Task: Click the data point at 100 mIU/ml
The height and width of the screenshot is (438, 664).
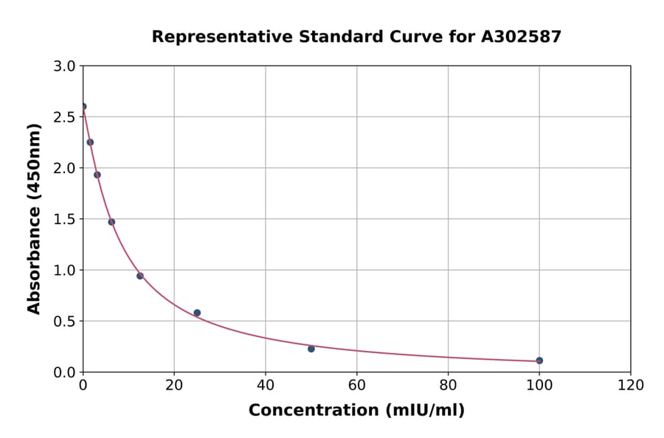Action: (539, 361)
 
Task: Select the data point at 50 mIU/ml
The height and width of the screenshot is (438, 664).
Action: (311, 349)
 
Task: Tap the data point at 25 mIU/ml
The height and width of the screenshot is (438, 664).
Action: (197, 313)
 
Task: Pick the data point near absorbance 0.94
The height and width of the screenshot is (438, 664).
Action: (140, 276)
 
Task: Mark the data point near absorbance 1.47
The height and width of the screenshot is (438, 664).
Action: (111, 222)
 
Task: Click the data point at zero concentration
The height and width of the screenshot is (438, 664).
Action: (83, 106)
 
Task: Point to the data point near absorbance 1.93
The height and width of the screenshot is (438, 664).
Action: (97, 175)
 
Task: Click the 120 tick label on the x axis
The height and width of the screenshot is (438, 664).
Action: (631, 385)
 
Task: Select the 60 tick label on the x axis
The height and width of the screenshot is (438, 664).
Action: (356, 385)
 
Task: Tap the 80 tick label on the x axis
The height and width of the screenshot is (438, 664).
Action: (448, 385)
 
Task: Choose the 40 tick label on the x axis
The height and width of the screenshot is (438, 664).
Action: (266, 385)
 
